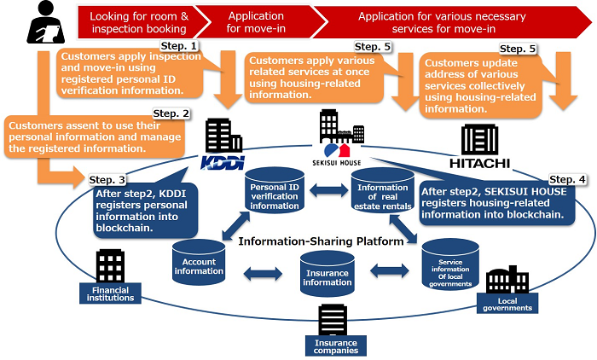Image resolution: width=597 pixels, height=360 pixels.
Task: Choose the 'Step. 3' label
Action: [107, 180]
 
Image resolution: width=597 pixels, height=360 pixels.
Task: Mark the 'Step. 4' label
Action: [568, 179]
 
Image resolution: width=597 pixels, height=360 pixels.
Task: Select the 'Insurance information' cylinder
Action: [327, 276]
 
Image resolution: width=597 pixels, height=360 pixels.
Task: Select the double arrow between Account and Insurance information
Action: [264, 273]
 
